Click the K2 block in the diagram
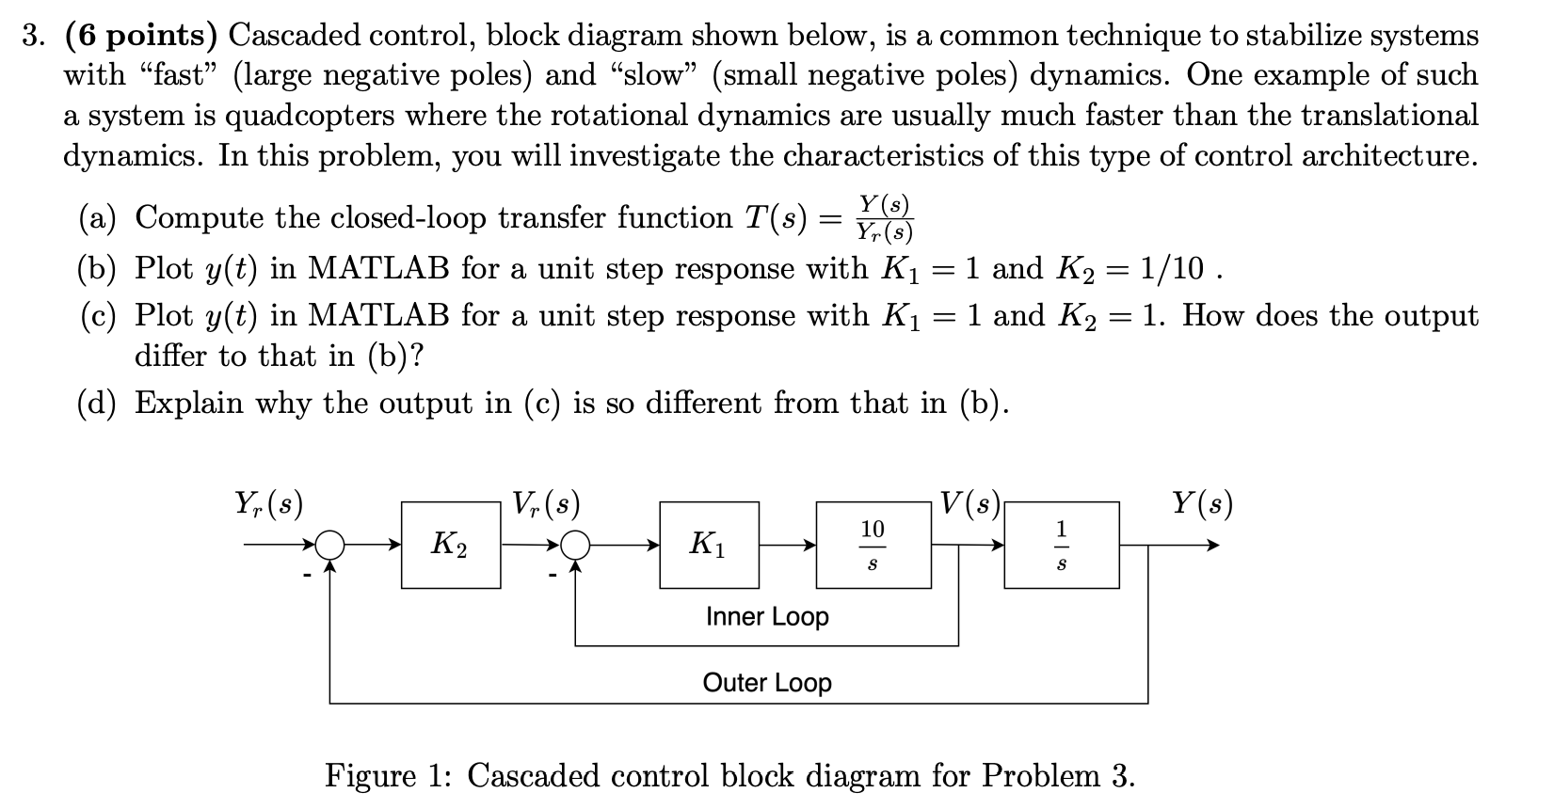pos(451,545)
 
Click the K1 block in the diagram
pos(710,545)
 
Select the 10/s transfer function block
pos(873,545)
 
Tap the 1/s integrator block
pos(1062,545)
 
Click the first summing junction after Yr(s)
pos(329,545)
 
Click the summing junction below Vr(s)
pos(575,545)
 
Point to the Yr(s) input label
pos(268,505)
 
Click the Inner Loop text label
pos(767,617)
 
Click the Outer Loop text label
pos(767,683)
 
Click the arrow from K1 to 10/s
pos(788,545)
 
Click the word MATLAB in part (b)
pos(379,269)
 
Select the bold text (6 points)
pos(141,36)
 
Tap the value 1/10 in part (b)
pos(1171,269)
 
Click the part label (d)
pos(97,404)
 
